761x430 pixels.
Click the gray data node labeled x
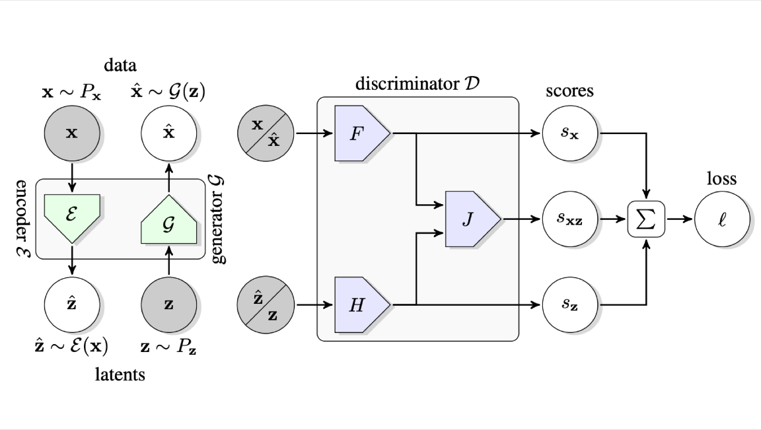[x=72, y=133]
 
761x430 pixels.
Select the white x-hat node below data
[x=170, y=133]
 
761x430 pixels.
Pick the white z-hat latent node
[x=72, y=305]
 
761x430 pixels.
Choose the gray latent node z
[x=170, y=305]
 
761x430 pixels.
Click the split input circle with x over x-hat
[x=266, y=133]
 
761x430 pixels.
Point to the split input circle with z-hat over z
[x=266, y=305]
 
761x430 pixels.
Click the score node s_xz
[x=569, y=219]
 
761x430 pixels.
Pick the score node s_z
[x=569, y=305]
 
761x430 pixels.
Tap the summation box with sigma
[x=646, y=219]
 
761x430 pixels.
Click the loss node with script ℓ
[x=723, y=219]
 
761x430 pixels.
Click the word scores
[x=569, y=90]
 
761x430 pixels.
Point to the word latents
[x=120, y=375]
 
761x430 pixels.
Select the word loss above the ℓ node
[x=722, y=179]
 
